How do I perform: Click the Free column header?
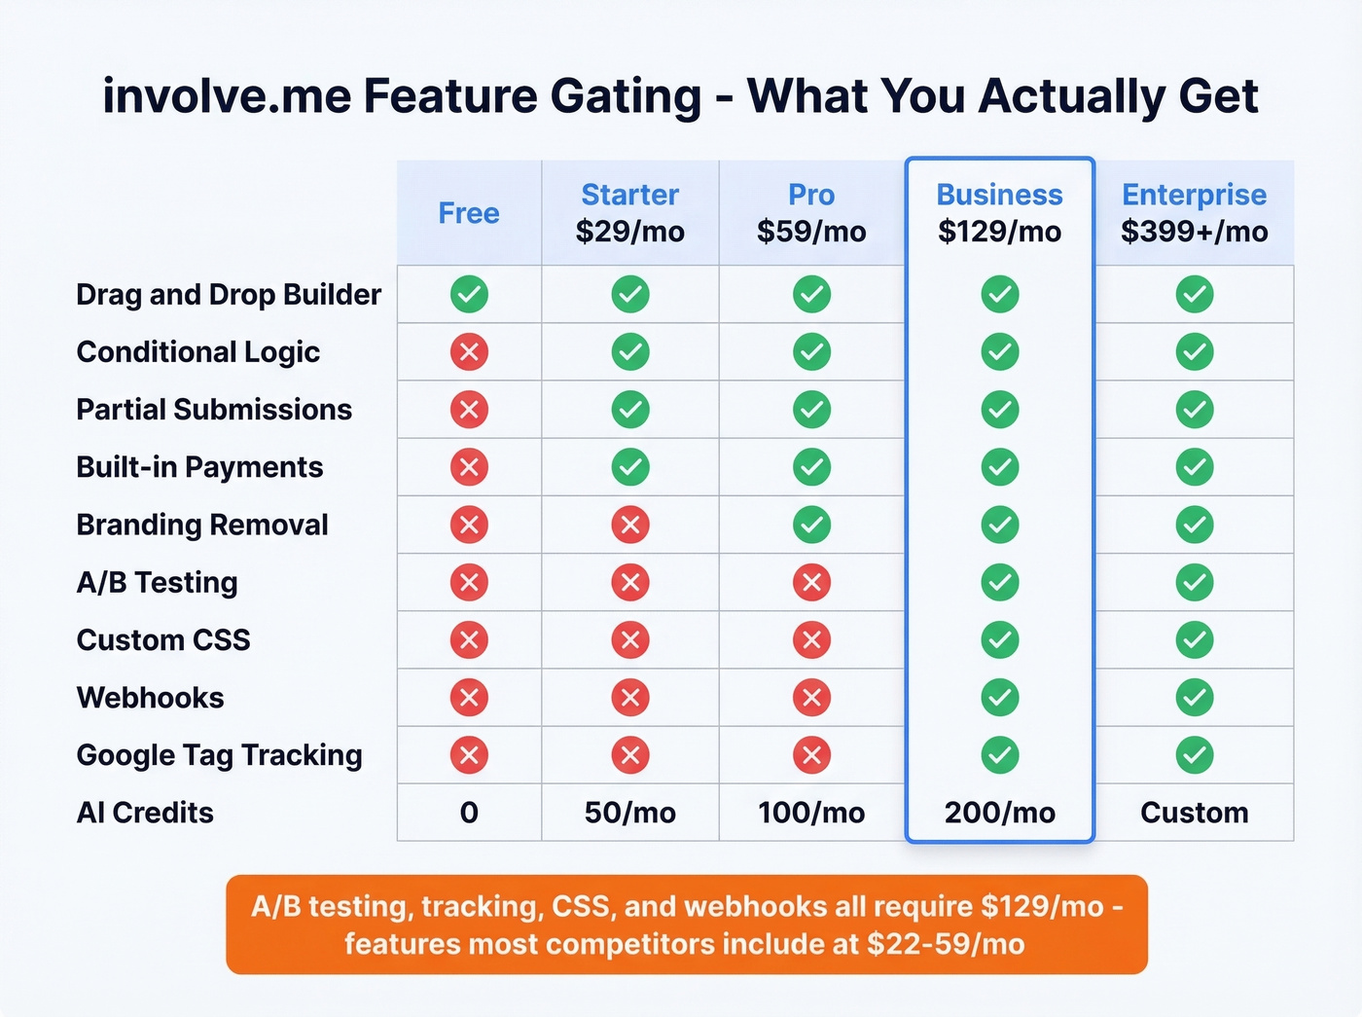click(469, 213)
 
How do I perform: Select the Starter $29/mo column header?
click(629, 213)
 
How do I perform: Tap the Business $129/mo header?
click(999, 213)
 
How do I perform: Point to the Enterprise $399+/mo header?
click(1194, 213)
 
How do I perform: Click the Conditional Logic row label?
click(198, 352)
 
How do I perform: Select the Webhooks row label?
click(151, 698)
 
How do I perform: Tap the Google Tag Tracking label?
click(220, 755)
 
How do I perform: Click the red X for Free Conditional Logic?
click(469, 352)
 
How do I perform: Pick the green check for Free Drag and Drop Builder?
click(469, 294)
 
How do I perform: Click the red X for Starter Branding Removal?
click(629, 526)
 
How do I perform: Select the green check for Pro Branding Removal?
click(811, 526)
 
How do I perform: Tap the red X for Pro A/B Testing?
click(811, 583)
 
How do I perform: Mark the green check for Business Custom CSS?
click(999, 640)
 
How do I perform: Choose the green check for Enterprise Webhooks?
click(1194, 698)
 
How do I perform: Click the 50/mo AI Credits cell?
click(629, 813)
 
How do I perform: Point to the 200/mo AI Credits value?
click(999, 813)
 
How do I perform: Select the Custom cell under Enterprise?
click(1194, 813)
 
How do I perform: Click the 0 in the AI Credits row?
click(469, 813)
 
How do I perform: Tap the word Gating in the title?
click(626, 97)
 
